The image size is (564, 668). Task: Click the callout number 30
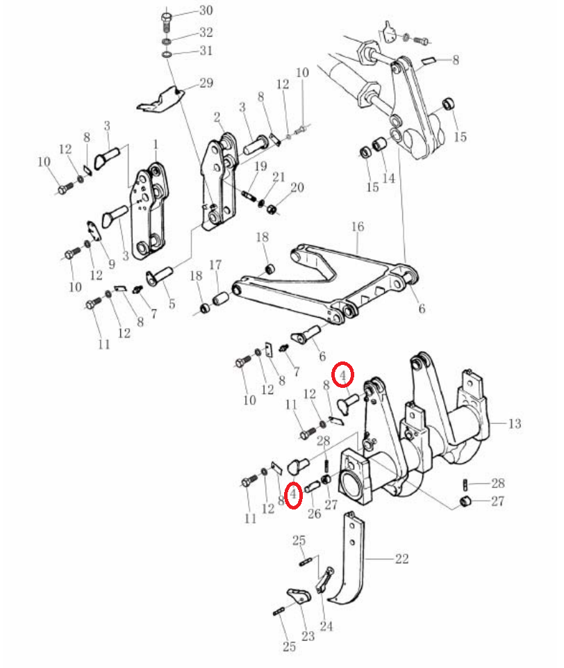[x=206, y=10]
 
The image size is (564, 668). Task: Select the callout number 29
[x=206, y=83]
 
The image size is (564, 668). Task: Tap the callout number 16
[x=358, y=226]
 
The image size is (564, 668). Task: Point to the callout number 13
[x=515, y=423]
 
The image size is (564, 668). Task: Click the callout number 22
[x=402, y=558]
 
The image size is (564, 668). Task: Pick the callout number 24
[x=326, y=626]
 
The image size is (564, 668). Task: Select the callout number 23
[x=308, y=636]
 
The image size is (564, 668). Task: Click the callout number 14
[x=389, y=178]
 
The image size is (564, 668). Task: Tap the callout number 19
[x=260, y=166]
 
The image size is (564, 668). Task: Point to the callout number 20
[x=297, y=187]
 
